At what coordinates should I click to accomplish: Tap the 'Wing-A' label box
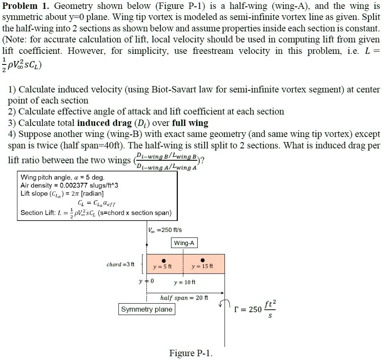[x=184, y=243]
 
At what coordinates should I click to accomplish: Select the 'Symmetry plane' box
[x=147, y=309]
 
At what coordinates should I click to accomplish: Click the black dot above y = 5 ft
[x=163, y=260]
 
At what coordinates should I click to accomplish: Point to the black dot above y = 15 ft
[x=202, y=260]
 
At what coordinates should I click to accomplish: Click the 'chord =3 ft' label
[x=120, y=265]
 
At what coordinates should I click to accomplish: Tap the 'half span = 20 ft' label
[x=184, y=298]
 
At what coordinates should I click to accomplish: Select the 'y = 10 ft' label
[x=185, y=282]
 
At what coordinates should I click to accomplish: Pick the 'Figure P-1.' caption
[x=191, y=353]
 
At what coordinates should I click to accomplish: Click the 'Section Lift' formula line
[x=96, y=212]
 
